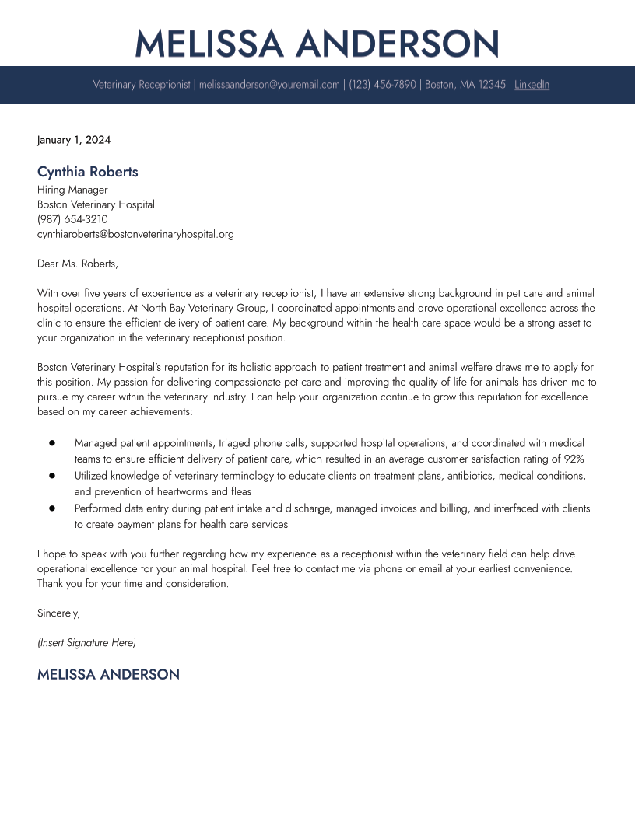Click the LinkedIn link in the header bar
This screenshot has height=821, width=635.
[532, 85]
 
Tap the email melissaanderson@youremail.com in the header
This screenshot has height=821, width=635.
[269, 85]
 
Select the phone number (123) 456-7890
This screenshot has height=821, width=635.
[382, 85]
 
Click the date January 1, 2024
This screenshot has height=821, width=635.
[74, 141]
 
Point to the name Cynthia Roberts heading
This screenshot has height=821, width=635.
[88, 172]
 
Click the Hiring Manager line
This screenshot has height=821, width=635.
[72, 190]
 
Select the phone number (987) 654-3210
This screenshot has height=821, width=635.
[72, 219]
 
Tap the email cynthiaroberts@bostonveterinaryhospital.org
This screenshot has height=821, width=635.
[135, 234]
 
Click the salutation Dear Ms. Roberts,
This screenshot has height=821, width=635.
[78, 264]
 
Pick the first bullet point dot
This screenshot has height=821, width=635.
[52, 442]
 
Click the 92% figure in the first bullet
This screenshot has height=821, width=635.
[573, 459]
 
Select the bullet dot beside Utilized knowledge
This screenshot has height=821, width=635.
[52, 475]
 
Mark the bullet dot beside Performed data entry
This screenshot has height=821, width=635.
[52, 508]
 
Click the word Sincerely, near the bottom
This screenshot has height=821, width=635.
[58, 613]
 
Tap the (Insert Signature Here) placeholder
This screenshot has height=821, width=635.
[86, 643]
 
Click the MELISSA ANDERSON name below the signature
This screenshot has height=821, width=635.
[108, 675]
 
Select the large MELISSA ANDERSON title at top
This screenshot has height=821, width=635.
[317, 44]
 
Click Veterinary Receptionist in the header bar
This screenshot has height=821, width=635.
[142, 85]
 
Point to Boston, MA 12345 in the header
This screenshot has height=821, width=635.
[465, 85]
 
